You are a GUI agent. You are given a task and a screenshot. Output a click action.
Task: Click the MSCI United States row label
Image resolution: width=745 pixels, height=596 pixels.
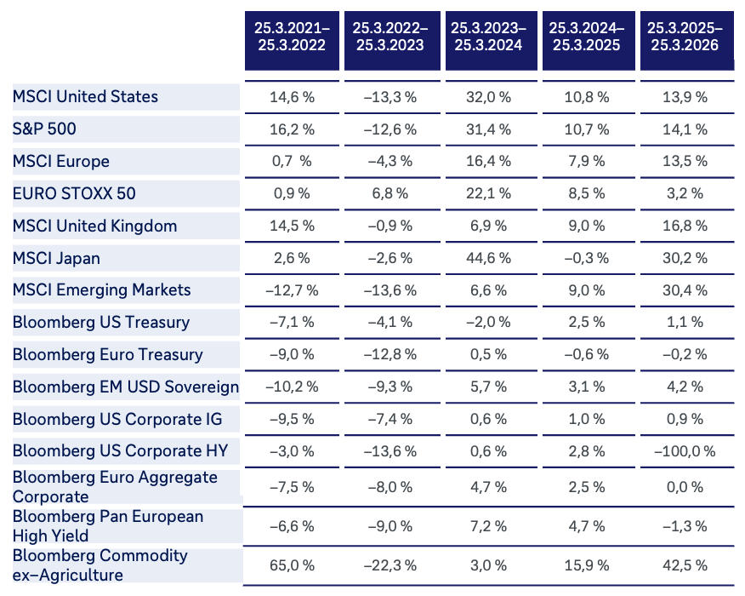pyautogui.click(x=85, y=96)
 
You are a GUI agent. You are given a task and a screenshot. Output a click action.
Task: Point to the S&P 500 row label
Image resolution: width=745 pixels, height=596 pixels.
pyautogui.click(x=44, y=129)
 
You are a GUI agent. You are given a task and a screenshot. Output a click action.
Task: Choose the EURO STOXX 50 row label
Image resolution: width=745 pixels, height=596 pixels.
pyautogui.click(x=74, y=193)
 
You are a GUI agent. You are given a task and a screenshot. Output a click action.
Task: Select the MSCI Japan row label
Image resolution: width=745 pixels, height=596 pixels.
pyautogui.click(x=56, y=258)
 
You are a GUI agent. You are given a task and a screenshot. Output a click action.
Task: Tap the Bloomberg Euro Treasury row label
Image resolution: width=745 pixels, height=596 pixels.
pyautogui.click(x=108, y=355)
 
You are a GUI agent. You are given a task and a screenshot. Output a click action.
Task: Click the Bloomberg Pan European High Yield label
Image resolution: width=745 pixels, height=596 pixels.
pyautogui.click(x=108, y=526)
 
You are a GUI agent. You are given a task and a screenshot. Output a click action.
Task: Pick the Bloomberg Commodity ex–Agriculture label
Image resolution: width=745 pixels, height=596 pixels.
pyautogui.click(x=100, y=565)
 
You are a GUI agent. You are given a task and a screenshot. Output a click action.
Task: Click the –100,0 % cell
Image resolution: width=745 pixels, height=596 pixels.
pyautogui.click(x=685, y=451)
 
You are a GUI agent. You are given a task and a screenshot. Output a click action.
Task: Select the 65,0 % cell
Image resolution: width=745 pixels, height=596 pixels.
pyautogui.click(x=292, y=565)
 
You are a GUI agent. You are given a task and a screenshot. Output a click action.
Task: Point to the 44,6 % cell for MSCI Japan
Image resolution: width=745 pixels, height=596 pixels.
pyautogui.click(x=488, y=258)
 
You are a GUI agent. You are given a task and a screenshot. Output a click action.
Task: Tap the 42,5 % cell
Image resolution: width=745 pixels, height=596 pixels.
pyautogui.click(x=685, y=565)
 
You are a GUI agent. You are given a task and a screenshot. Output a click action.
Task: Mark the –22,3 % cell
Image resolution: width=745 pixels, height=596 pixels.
pyautogui.click(x=390, y=565)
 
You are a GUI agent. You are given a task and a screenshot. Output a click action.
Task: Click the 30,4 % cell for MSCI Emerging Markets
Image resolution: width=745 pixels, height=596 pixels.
pyautogui.click(x=685, y=290)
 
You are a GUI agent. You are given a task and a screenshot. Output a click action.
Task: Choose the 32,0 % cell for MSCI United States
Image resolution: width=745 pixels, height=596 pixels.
pyautogui.click(x=488, y=97)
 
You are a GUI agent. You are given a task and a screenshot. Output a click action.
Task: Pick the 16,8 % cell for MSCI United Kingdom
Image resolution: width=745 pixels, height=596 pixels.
pyautogui.click(x=685, y=226)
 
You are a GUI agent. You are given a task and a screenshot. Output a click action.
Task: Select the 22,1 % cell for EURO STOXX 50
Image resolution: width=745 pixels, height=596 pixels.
pyautogui.click(x=488, y=193)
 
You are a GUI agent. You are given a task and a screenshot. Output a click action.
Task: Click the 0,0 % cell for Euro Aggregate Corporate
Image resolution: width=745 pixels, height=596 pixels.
pyautogui.click(x=685, y=487)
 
